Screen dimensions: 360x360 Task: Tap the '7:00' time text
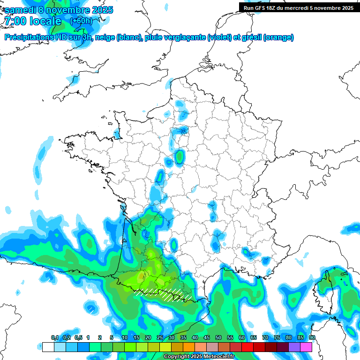click(x=14, y=21)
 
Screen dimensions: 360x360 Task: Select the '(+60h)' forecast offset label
click(x=81, y=21)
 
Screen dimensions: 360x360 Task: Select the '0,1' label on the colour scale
click(x=55, y=338)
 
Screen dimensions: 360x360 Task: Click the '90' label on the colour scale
click(x=312, y=338)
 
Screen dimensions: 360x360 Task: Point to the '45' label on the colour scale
click(x=207, y=338)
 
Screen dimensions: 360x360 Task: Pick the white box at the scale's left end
click(x=48, y=347)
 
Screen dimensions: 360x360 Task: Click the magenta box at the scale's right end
click(x=306, y=347)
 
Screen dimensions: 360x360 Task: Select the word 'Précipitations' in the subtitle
click(x=29, y=37)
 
